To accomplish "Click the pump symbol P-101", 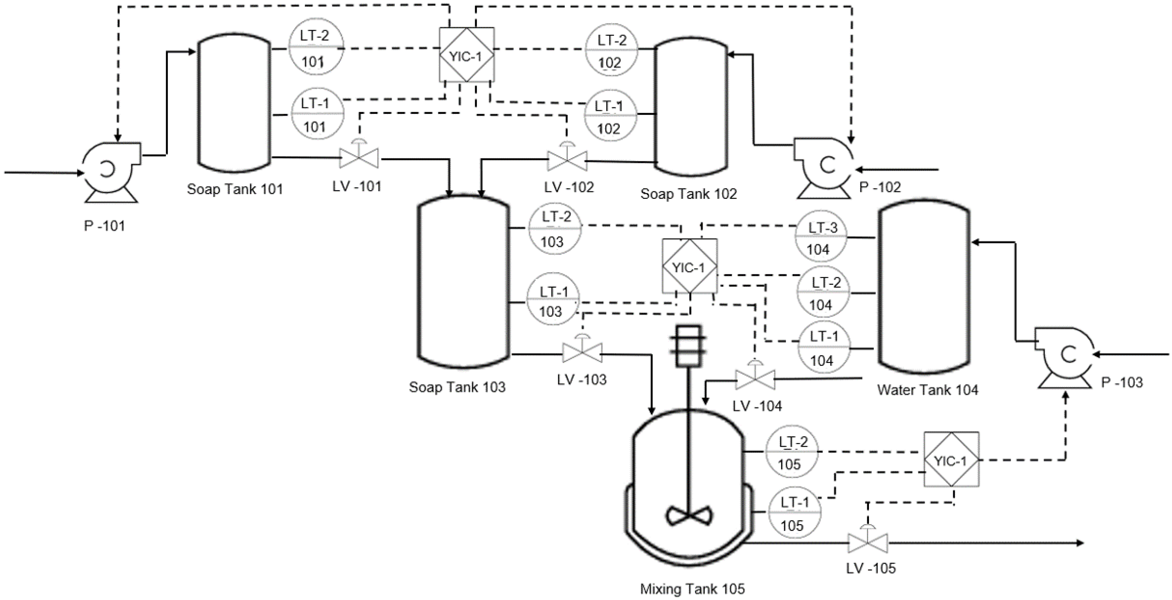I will (x=109, y=169).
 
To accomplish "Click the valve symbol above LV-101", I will (x=359, y=158).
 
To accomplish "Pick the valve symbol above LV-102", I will (x=567, y=160).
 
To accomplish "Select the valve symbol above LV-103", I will (x=582, y=352).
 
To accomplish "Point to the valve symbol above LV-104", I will (x=755, y=378).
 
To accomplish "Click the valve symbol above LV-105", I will (x=868, y=542).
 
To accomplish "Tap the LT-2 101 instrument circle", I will (x=315, y=48).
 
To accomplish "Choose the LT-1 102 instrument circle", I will (x=610, y=116).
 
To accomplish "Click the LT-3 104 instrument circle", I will (x=821, y=237).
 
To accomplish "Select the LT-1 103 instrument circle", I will (x=553, y=300).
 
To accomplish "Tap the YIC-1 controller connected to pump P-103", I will (x=951, y=460).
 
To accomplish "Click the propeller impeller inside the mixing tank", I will (x=690, y=516).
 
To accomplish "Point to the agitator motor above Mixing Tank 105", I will (x=689, y=346).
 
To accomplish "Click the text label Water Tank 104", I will (x=927, y=390).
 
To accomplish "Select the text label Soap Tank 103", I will (x=457, y=387).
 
